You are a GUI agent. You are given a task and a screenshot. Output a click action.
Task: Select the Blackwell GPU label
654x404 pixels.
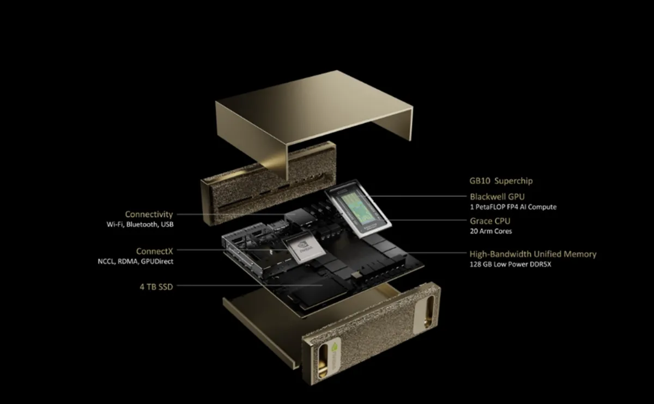497,197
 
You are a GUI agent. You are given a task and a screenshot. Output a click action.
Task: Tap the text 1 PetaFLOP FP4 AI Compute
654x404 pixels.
513,207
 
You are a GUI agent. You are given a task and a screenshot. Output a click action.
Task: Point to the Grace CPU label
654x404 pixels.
490,221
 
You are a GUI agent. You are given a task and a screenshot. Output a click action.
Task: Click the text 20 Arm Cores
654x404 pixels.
491,231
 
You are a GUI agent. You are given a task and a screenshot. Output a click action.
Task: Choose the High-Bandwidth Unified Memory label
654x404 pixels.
532,254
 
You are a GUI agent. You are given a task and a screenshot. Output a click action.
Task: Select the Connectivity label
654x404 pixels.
149,215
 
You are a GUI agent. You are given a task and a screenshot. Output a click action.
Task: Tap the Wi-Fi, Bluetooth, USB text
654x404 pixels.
140,224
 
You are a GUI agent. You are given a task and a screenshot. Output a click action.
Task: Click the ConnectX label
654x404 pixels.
155,251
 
